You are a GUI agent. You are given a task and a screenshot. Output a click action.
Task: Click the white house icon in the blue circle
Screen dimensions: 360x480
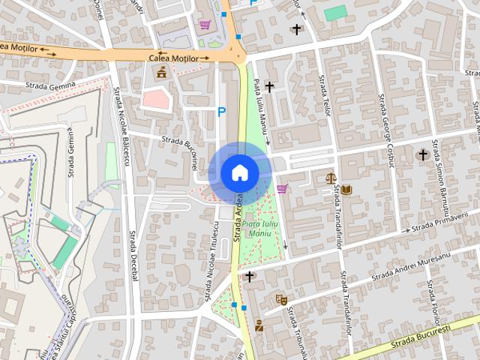pos(240,172)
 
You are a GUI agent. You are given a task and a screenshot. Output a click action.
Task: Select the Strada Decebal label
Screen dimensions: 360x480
pos(134,256)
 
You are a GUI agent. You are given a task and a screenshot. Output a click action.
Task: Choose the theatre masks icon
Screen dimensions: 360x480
pos(282,299)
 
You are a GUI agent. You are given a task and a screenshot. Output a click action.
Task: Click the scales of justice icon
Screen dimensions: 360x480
pos(331,178)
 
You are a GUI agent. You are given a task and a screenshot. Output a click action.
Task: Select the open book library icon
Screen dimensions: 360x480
pos(346,189)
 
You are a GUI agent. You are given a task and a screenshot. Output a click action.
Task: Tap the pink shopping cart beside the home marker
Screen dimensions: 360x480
pos(281,188)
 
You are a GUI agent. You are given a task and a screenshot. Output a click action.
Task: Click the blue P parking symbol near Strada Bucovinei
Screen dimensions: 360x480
pos(221,112)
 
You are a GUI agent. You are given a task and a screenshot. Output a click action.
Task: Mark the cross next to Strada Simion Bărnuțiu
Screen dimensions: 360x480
pos(423,155)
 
